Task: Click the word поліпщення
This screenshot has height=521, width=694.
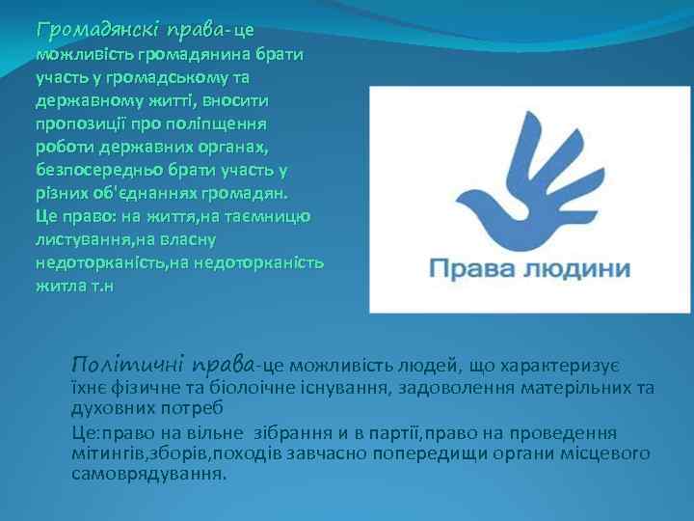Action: pyautogui.click(x=224, y=124)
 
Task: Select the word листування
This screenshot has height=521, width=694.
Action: pyautogui.click(x=82, y=239)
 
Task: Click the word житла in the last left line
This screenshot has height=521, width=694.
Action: pyautogui.click(x=56, y=286)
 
